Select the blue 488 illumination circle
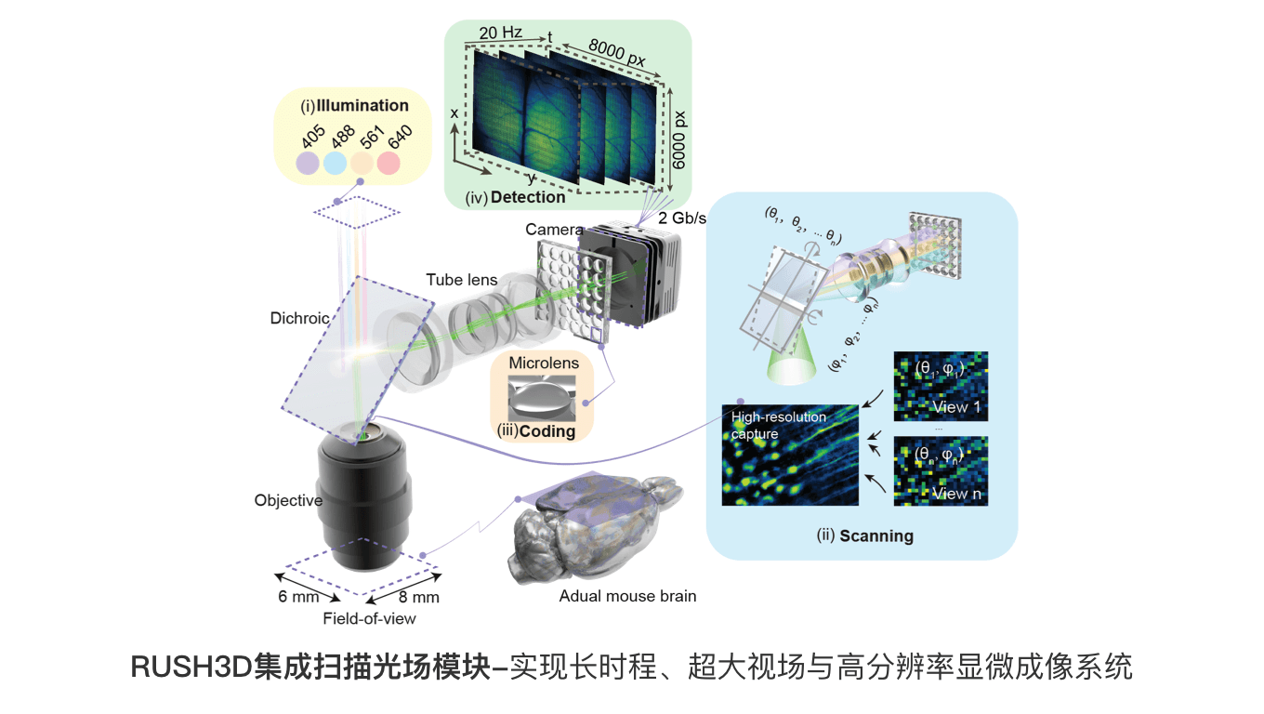coord(335,164)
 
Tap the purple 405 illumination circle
coord(308,164)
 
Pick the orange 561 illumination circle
coord(362,164)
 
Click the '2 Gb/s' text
coord(683,218)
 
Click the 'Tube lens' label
coord(462,279)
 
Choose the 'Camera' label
coord(554,229)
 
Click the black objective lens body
coord(362,502)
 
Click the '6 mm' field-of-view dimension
coord(297,596)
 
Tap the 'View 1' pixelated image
coord(941,387)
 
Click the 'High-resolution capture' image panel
coord(790,455)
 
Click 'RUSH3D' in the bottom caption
coord(192,667)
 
